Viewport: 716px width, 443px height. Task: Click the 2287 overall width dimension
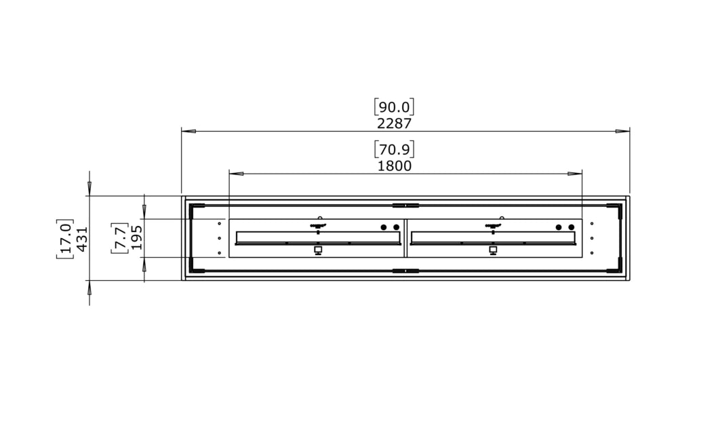tap(394, 123)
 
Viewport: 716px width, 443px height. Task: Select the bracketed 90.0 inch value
tap(394, 107)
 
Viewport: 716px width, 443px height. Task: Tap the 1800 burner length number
tap(394, 166)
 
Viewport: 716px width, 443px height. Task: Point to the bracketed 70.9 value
tap(394, 149)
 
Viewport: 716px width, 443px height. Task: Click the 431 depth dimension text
tap(83, 239)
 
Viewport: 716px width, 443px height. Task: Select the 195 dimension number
tap(137, 238)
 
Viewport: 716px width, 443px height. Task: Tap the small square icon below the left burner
tap(318, 250)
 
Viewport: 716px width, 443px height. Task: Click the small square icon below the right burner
tap(493, 250)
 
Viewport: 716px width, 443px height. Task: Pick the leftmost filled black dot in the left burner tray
tap(383, 227)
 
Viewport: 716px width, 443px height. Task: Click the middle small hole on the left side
tap(220, 238)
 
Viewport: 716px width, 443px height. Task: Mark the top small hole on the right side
tap(592, 223)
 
